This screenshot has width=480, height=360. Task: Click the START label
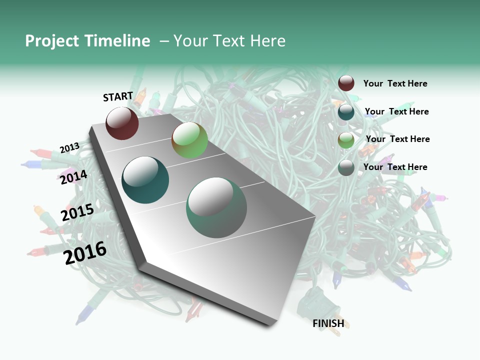[118, 96]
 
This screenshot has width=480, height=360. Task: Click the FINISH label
[328, 323]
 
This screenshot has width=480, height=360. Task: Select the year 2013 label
[69, 148]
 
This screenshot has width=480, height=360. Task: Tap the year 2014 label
[73, 177]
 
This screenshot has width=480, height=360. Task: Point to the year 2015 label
[77, 212]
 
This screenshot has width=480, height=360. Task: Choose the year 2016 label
[85, 252]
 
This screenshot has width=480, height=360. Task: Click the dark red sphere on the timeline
[122, 123]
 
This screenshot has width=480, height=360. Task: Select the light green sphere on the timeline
[189, 140]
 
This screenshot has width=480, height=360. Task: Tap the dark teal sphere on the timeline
[145, 180]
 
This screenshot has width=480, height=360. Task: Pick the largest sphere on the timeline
[216, 207]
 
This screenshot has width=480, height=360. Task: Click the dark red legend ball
[346, 83]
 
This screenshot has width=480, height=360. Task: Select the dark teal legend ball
[346, 111]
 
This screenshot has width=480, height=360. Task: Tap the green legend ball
[346, 140]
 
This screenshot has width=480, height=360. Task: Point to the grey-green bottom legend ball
[346, 167]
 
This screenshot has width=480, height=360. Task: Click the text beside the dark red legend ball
[395, 83]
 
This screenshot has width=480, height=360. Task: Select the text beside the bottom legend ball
[395, 167]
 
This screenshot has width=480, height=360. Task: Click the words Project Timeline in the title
[87, 41]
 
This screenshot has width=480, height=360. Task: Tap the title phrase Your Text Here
[229, 41]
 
